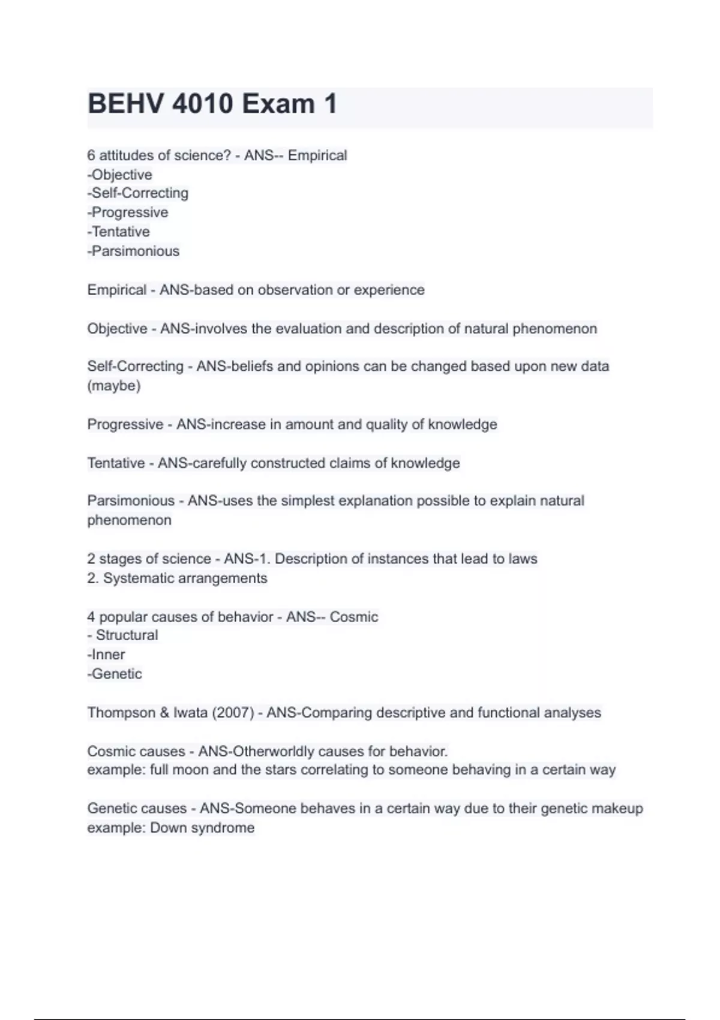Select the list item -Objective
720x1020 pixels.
click(x=120, y=175)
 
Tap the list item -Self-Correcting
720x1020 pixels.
click(x=138, y=193)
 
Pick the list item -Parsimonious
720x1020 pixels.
click(x=133, y=251)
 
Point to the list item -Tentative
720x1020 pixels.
click(x=119, y=232)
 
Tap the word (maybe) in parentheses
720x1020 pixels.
click(x=114, y=386)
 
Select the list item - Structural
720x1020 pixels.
click(x=123, y=635)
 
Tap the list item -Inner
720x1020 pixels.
click(x=106, y=655)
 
